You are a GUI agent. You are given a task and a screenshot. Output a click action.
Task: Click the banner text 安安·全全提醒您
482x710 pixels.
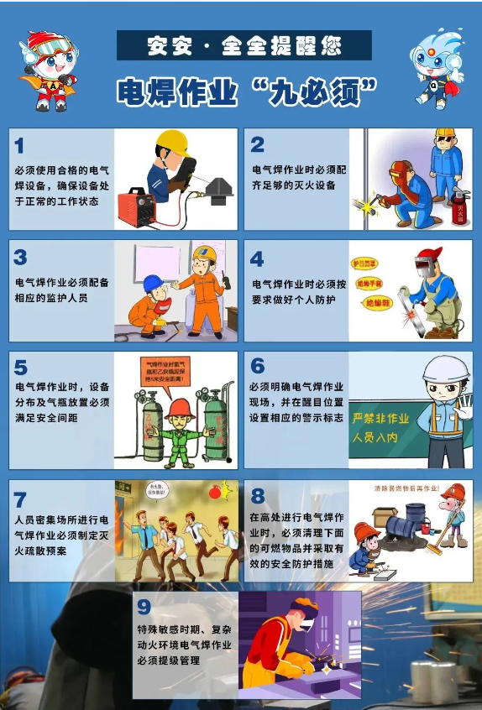point(244,45)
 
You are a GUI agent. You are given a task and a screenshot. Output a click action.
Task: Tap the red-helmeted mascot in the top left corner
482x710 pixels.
point(49,70)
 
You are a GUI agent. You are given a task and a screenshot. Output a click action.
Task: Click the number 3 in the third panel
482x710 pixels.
point(21,258)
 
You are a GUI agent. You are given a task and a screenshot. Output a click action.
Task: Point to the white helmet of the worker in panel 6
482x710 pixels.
point(445,368)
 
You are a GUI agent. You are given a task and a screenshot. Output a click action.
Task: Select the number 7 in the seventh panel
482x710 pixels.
point(20,500)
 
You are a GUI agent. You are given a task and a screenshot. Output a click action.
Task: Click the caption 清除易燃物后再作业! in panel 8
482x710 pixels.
point(409,487)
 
